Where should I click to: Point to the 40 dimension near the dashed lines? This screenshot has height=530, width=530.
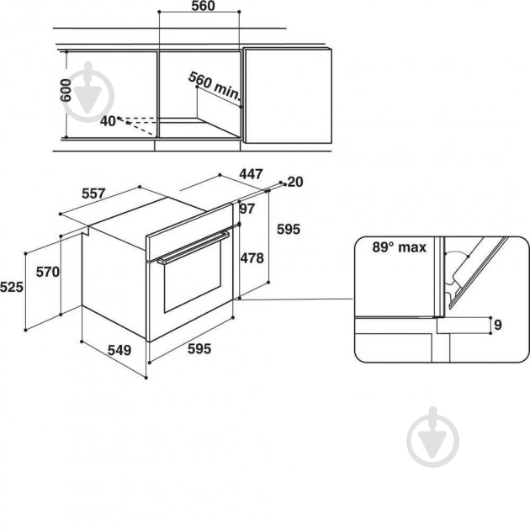[x=108, y=120]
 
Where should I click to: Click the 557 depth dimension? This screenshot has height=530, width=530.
[x=94, y=193]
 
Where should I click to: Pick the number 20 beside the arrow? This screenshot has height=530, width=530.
[x=294, y=182]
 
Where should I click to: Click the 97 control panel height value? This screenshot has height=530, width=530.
[x=246, y=209]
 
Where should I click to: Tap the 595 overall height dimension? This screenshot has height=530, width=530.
[x=288, y=228]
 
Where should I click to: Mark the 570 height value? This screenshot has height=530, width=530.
[x=50, y=272]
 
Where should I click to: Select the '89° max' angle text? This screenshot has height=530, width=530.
[x=400, y=247]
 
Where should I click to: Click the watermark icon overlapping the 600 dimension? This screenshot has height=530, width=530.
[x=94, y=93]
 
